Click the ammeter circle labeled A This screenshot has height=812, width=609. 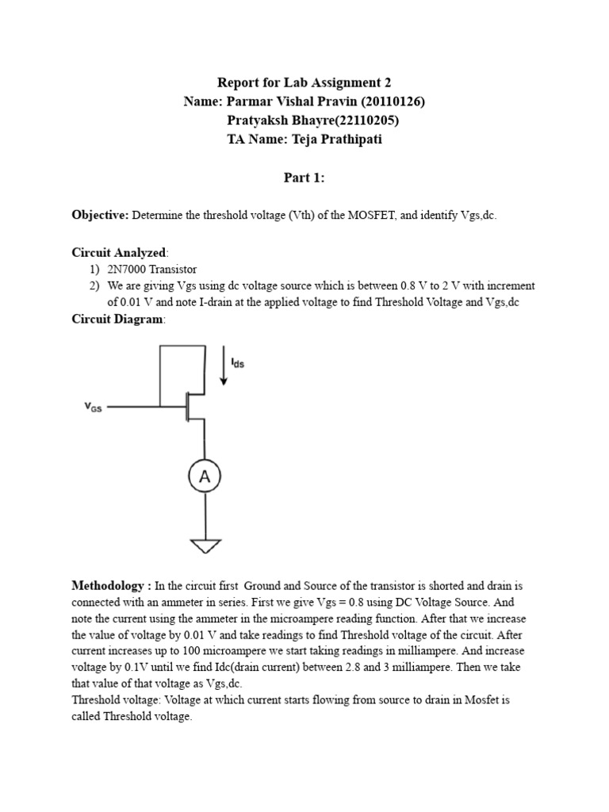205,476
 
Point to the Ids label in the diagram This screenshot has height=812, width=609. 237,362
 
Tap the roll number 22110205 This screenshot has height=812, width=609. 362,121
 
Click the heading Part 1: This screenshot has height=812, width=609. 304,178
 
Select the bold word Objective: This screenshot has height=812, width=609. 100,216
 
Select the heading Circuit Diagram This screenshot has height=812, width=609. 117,319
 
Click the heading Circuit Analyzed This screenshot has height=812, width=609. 119,253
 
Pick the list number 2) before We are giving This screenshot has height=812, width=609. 94,285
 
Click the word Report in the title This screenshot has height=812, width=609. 238,82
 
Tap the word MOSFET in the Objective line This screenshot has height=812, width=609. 364,216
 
